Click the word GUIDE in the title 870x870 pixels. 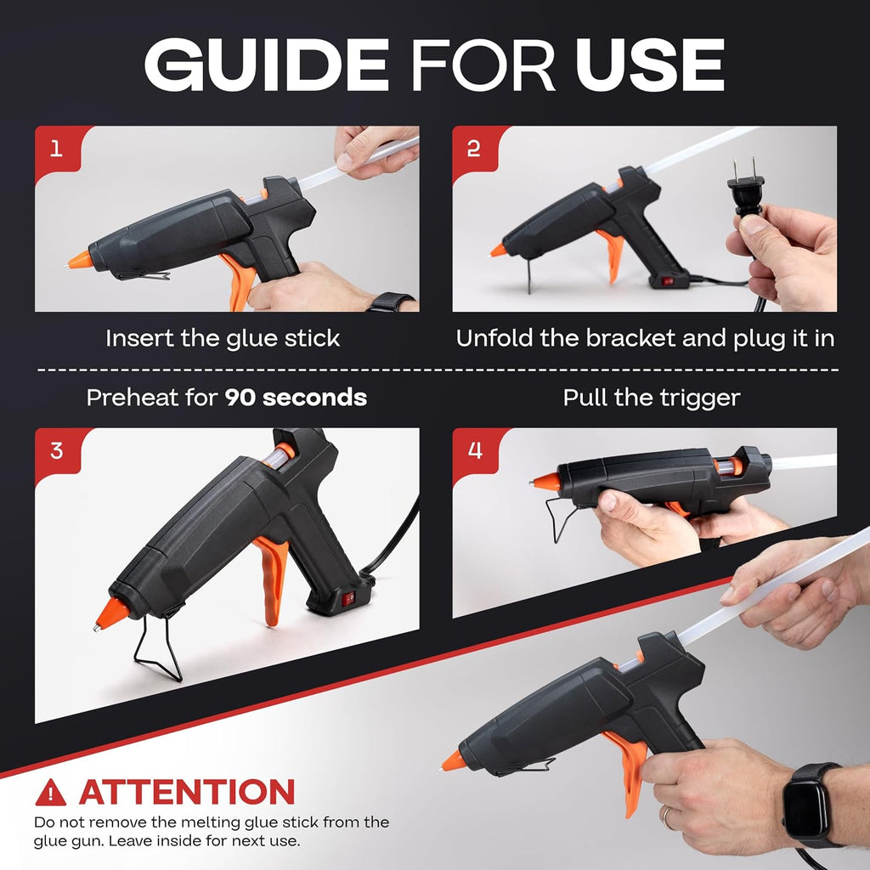(267, 65)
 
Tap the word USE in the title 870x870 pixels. (650, 65)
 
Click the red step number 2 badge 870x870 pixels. (474, 149)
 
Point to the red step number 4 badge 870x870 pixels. (474, 450)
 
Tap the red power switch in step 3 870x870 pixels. (347, 599)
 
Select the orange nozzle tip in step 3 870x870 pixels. (111, 613)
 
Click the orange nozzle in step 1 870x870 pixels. (80, 260)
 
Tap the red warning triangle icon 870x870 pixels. (50, 793)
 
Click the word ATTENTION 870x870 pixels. (186, 792)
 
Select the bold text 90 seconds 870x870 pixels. (296, 398)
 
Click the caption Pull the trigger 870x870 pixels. (652, 398)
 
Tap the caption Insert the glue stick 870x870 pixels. (223, 338)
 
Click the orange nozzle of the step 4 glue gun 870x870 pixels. (546, 482)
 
